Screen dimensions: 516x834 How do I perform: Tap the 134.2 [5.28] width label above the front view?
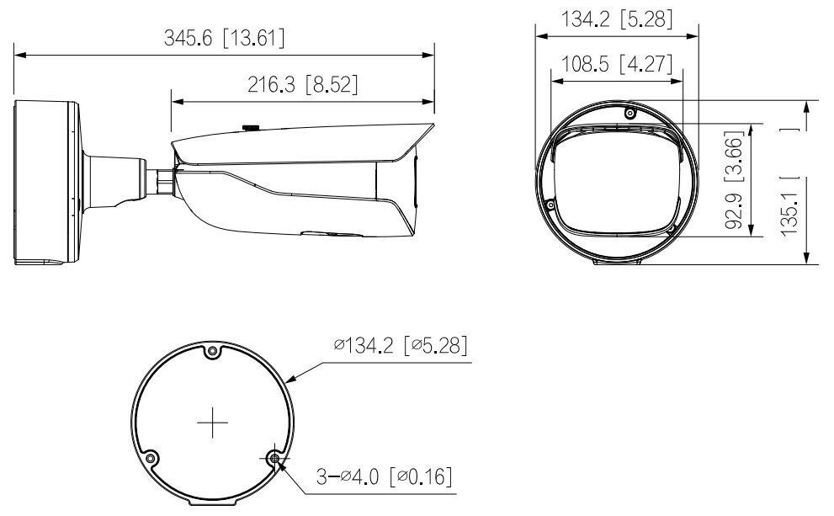(x=617, y=19)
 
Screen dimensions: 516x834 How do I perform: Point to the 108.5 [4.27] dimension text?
(x=617, y=65)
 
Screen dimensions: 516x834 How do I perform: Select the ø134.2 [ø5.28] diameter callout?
(x=401, y=345)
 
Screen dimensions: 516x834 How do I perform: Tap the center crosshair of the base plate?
(x=214, y=423)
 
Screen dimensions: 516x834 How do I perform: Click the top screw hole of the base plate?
(x=214, y=351)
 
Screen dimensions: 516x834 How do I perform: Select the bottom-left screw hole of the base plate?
(x=151, y=458)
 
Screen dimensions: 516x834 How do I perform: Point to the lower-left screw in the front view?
(x=550, y=204)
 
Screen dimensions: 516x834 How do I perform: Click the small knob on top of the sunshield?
(x=250, y=128)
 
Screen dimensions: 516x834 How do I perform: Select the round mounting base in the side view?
(x=46, y=183)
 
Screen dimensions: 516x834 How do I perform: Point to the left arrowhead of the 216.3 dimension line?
(x=175, y=102)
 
